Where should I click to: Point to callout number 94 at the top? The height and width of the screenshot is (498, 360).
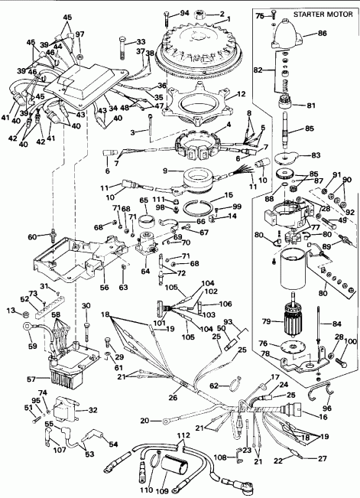pos(185,13)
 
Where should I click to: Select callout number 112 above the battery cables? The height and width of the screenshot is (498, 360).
pos(182,437)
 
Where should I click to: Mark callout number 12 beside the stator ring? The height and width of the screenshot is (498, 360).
pos(241,95)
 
